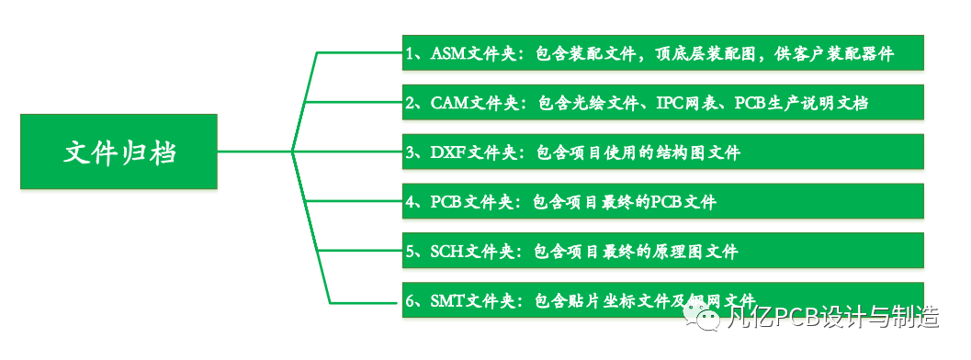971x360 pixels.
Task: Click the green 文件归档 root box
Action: click(119, 152)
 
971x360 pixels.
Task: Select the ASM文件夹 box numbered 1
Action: click(661, 53)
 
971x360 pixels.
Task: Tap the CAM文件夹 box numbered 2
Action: click(661, 102)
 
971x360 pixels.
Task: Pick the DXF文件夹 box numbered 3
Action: click(661, 152)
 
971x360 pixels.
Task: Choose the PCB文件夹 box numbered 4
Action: click(661, 201)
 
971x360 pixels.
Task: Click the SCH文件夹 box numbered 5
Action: click(661, 250)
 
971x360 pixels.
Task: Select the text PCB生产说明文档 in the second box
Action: click(801, 103)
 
